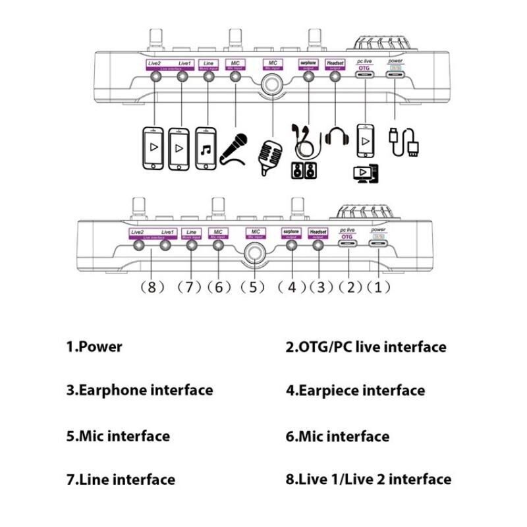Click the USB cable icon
click(x=402, y=142)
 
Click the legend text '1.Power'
click(x=94, y=347)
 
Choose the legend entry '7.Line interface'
click(x=120, y=480)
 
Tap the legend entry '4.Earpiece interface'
click(x=355, y=391)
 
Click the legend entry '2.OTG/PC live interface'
click(x=366, y=347)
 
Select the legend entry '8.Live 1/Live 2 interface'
click(x=368, y=480)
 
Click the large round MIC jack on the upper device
click(x=271, y=84)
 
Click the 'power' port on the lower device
click(x=378, y=244)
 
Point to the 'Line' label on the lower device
click(x=192, y=232)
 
